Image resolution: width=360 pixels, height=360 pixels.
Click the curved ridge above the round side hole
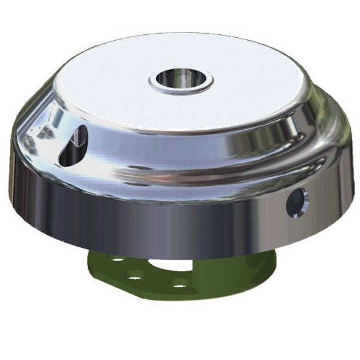pos(295,171)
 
